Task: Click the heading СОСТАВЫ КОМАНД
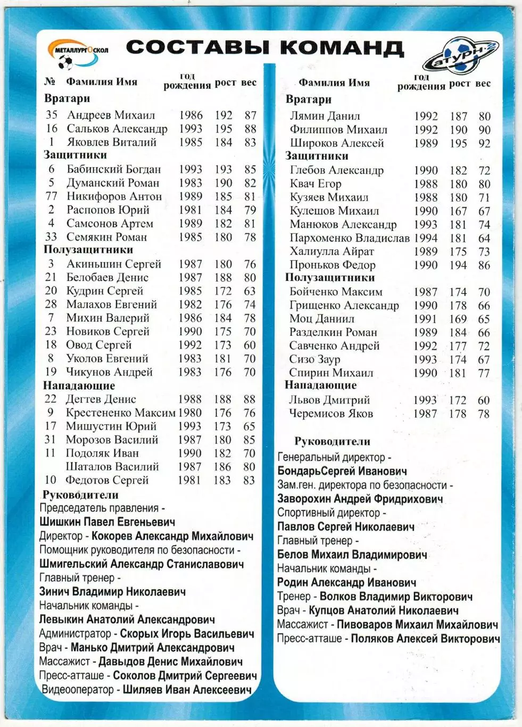(x=264, y=48)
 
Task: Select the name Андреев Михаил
(x=111, y=115)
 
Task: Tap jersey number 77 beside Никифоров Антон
(x=51, y=196)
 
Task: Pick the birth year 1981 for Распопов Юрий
(x=190, y=210)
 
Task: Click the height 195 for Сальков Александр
(x=223, y=129)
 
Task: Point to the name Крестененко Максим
(x=120, y=413)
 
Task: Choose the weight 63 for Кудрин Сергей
(x=250, y=291)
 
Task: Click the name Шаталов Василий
(x=112, y=467)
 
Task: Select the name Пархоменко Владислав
(x=349, y=238)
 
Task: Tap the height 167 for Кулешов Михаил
(x=458, y=211)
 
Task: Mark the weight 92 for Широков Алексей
(x=484, y=144)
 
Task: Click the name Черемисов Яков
(x=331, y=414)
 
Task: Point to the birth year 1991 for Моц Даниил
(x=425, y=319)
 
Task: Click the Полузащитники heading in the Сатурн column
(x=329, y=277)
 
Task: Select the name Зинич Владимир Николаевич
(x=112, y=592)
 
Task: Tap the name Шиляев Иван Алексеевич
(x=187, y=690)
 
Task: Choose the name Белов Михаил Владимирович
(x=352, y=555)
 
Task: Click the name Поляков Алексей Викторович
(x=425, y=639)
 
